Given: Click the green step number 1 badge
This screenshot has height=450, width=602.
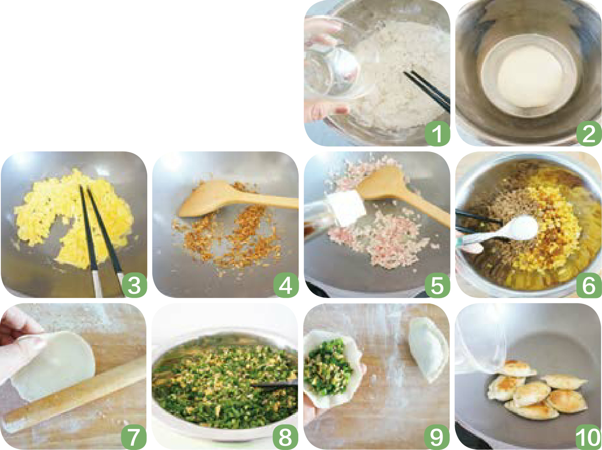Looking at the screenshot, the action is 438,133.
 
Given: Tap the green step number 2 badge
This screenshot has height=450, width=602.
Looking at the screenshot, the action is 589,133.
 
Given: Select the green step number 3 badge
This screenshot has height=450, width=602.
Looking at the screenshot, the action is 134,285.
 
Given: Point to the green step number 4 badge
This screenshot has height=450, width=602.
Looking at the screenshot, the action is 286,285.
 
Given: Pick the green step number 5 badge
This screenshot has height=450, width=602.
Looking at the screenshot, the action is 438,285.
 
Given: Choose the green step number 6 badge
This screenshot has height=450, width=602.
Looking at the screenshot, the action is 589,285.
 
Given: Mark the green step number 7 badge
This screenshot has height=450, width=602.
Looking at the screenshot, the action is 134,437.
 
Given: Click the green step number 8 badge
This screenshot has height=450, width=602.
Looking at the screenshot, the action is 286,437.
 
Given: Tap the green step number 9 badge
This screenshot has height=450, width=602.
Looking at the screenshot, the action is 437,437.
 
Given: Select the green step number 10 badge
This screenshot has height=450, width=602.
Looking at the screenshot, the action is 589,437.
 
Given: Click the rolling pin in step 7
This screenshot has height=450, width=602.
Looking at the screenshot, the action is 74,395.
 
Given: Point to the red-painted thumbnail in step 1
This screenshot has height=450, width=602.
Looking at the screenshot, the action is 341,110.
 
